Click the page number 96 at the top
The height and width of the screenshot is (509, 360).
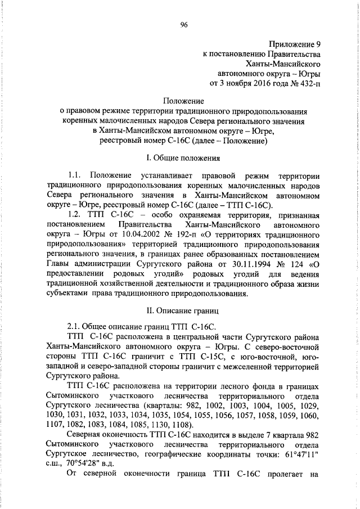click(x=183, y=24)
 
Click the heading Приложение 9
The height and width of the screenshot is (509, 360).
click(x=294, y=44)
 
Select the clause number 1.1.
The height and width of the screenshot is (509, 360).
click(x=74, y=177)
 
